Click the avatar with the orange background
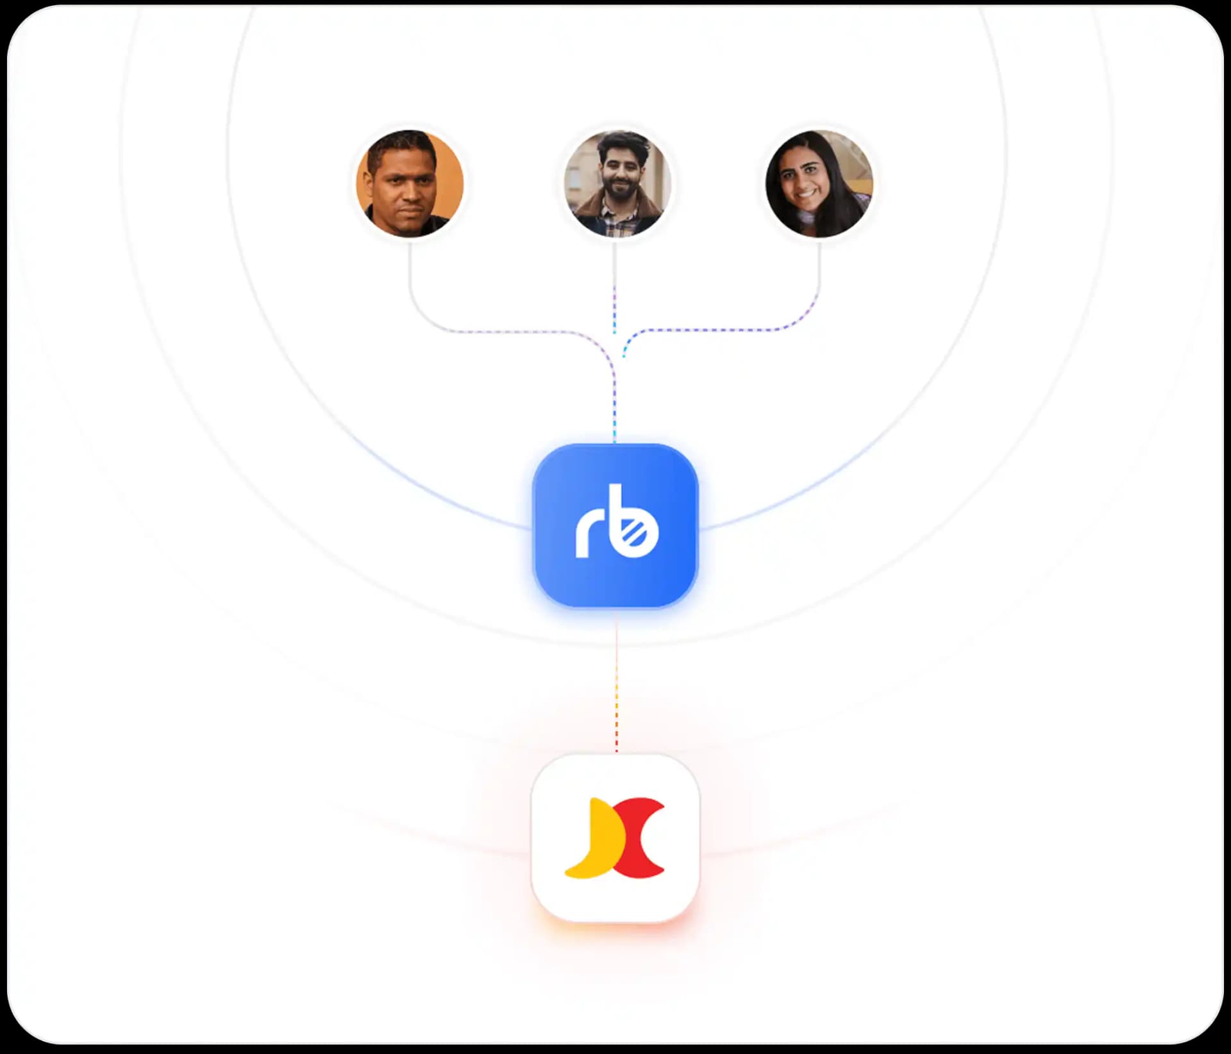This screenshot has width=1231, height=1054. [x=410, y=184]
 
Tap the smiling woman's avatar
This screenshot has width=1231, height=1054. [x=819, y=184]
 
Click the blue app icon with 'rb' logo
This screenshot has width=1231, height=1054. [x=615, y=525]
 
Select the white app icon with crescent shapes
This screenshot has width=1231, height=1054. [x=615, y=838]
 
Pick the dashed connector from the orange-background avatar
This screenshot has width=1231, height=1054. [x=513, y=331]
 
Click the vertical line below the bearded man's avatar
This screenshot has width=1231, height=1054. [x=614, y=288]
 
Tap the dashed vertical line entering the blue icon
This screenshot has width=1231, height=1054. [x=614, y=410]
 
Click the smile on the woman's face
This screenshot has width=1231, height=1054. [x=806, y=192]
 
